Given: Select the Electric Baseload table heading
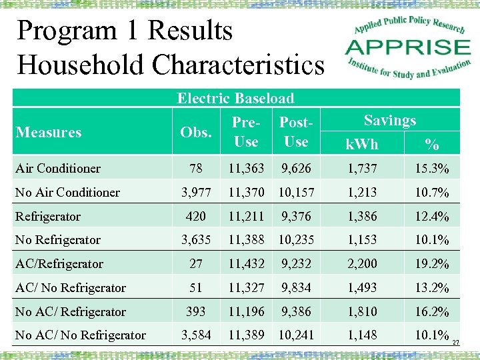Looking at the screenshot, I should (x=235, y=99).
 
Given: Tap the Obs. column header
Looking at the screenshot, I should (x=195, y=132).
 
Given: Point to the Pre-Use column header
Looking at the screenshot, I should (x=246, y=132).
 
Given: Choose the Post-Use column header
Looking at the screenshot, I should (x=295, y=132).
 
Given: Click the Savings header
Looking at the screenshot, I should (x=390, y=121).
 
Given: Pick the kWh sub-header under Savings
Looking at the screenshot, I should (x=363, y=143).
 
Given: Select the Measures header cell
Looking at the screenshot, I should (x=49, y=132).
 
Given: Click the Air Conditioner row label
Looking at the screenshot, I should (x=58, y=168).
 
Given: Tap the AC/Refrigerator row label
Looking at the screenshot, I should (x=59, y=263).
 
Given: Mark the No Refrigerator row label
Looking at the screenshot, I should (x=58, y=239).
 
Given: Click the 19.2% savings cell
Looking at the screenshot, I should (x=432, y=263).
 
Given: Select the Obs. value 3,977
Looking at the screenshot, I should (x=196, y=192).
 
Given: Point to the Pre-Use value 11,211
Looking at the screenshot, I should (x=246, y=216).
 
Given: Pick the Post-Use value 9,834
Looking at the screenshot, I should (x=295, y=287).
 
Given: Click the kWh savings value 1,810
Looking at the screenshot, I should (x=363, y=311).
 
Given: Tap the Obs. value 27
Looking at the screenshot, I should (x=196, y=263).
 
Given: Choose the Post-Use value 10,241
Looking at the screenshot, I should (x=295, y=335).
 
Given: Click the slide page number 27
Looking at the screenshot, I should (x=456, y=343).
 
